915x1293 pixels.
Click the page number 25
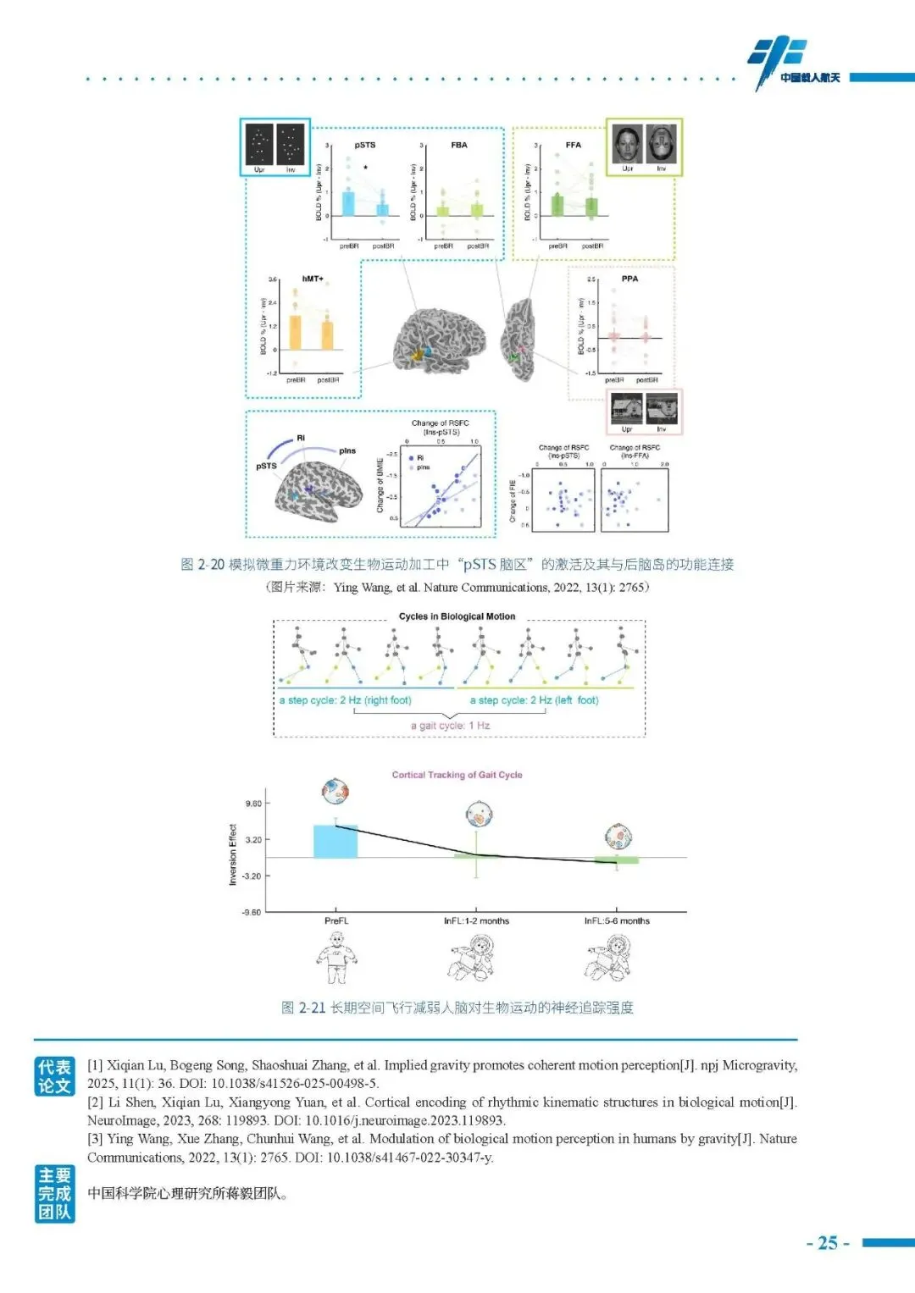[x=828, y=1243]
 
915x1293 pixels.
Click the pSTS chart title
[x=365, y=145]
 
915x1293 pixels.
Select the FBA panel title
[x=459, y=145]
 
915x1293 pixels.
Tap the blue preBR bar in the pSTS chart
[x=348, y=204]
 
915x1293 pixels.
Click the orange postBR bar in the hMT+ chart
[x=327, y=335]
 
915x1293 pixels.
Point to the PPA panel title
[x=629, y=279]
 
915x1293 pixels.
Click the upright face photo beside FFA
[x=627, y=145]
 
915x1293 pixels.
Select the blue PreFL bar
[x=335, y=841]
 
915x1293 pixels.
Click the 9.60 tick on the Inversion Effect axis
[x=253, y=803]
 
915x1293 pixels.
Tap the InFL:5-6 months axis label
[x=617, y=920]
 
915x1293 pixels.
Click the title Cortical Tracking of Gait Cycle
[x=457, y=775]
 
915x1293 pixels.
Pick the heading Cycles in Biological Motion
[x=457, y=616]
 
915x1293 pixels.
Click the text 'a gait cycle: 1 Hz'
[x=450, y=726]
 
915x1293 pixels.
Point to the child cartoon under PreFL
[x=337, y=958]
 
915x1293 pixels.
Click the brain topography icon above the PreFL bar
[x=336, y=792]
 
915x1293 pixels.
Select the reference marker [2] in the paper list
[x=95, y=1102]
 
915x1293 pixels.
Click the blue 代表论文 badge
[x=54, y=1076]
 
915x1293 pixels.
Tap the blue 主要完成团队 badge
[x=54, y=1194]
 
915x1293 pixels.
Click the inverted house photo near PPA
[x=662, y=411]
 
